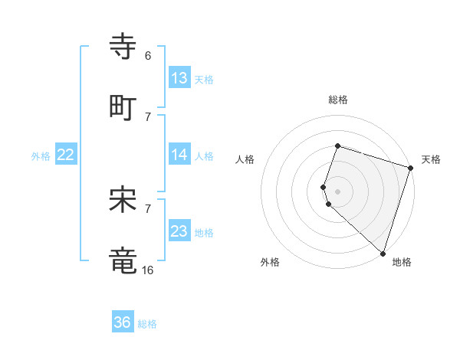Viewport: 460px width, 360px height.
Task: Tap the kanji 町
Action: (x=123, y=107)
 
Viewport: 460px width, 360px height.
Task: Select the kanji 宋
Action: (x=123, y=199)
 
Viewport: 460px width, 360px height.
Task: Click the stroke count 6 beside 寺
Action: (x=148, y=56)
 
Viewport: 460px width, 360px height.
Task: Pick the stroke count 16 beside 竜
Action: (x=148, y=270)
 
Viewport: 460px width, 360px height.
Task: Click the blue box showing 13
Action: (x=179, y=78)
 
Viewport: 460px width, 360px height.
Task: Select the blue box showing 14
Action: (x=179, y=155)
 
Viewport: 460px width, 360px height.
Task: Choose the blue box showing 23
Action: (x=179, y=231)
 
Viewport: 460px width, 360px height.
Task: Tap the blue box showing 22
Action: (x=66, y=155)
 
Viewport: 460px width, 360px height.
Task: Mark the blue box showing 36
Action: (x=123, y=322)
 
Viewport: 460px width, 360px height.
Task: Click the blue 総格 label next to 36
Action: (x=148, y=324)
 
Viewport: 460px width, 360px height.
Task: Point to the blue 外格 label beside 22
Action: (x=41, y=156)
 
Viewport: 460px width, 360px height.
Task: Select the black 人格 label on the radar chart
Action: (x=245, y=159)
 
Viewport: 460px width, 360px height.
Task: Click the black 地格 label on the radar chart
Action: (x=402, y=262)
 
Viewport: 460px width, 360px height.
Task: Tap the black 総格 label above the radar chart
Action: (x=337, y=100)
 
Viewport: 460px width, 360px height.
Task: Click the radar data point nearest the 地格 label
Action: (x=383, y=253)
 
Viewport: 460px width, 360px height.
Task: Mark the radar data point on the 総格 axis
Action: (x=337, y=146)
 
